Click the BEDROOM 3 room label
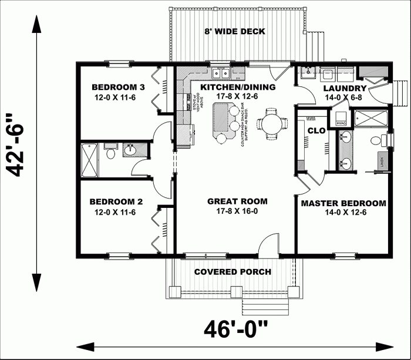tap(115, 86)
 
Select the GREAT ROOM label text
tap(233, 201)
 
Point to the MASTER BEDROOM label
tap(343, 204)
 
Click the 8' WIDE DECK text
tap(235, 32)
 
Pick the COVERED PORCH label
tap(233, 272)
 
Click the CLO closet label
tap(316, 130)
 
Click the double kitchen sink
tap(221, 74)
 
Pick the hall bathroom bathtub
tap(90, 159)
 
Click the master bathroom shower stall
tap(371, 119)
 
